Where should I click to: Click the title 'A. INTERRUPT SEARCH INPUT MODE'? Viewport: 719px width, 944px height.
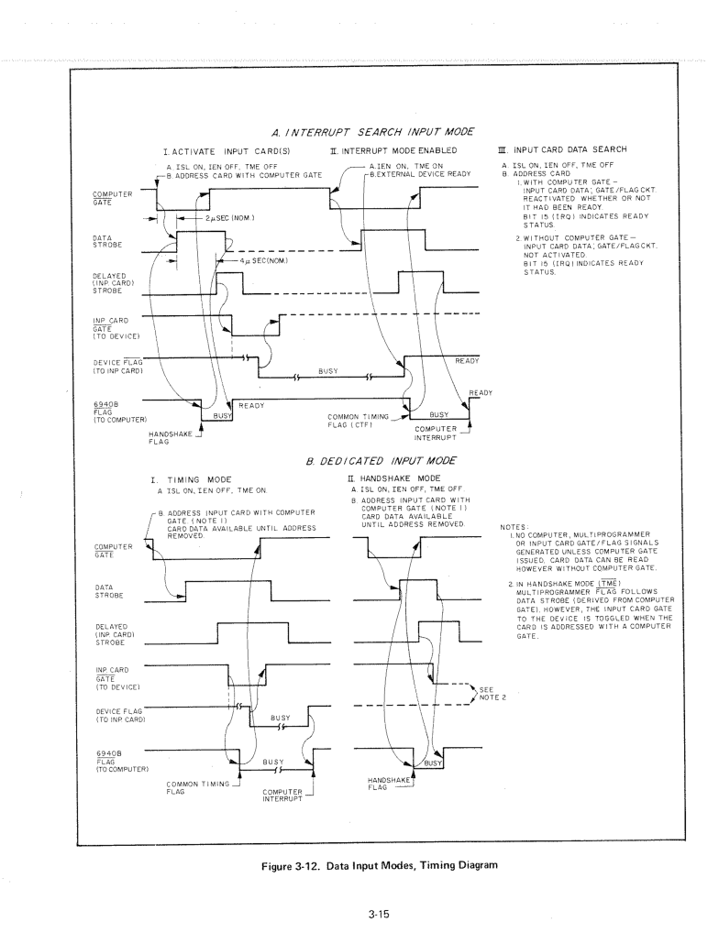[372, 132]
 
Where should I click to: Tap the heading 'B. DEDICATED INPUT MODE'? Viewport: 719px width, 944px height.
[381, 461]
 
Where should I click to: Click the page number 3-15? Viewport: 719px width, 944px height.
[379, 914]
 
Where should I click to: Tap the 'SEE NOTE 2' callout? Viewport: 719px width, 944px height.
[492, 694]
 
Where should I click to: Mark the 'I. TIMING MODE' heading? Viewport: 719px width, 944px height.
[192, 480]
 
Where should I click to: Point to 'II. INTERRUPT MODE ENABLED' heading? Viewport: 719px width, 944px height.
[393, 150]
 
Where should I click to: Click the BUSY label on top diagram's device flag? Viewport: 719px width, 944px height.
[328, 371]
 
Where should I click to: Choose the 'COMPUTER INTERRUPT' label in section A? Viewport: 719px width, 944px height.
[436, 434]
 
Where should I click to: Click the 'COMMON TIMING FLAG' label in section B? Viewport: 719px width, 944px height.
[198, 788]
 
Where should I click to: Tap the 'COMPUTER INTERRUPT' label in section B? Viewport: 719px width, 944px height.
[282, 796]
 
